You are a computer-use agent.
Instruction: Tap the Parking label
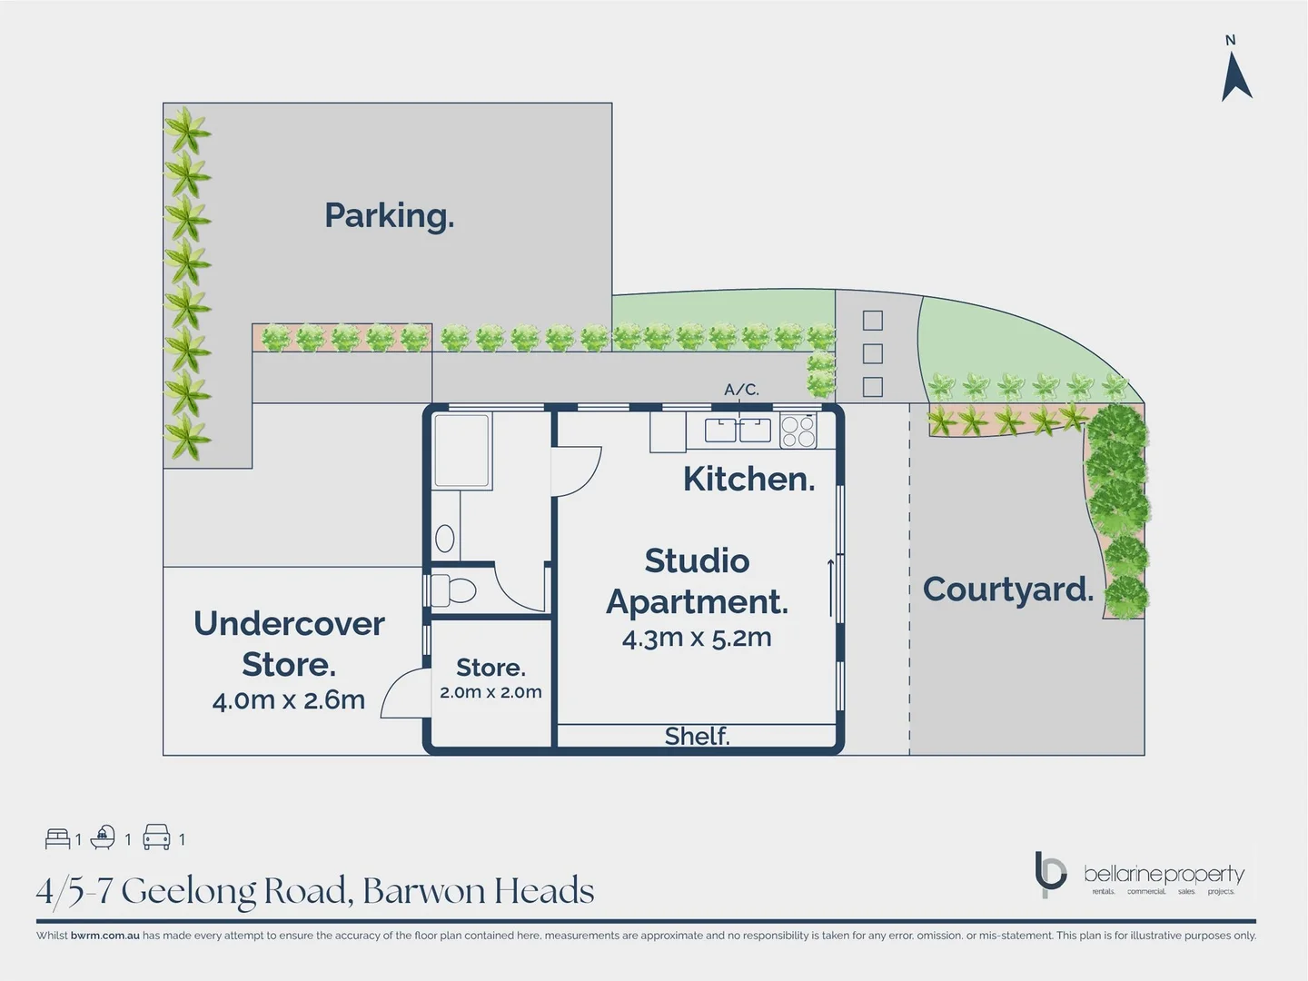(389, 216)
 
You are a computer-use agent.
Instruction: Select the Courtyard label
(1007, 590)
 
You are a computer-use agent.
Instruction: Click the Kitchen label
(748, 479)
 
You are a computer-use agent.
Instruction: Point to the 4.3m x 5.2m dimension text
(697, 638)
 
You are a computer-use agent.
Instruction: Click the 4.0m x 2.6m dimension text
(288, 700)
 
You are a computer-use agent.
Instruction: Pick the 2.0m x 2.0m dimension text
(490, 692)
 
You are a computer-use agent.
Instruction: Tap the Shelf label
(697, 736)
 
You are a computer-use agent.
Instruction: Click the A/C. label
(741, 390)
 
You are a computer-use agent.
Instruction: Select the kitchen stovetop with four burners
(798, 431)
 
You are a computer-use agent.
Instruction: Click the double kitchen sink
(738, 430)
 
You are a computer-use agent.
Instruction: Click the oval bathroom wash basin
(445, 539)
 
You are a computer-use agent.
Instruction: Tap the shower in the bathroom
(462, 451)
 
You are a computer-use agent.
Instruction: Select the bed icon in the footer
(57, 837)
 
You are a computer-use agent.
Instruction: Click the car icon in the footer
(156, 837)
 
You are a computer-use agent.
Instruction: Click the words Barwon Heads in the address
(478, 891)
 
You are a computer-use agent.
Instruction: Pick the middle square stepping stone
(872, 353)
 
